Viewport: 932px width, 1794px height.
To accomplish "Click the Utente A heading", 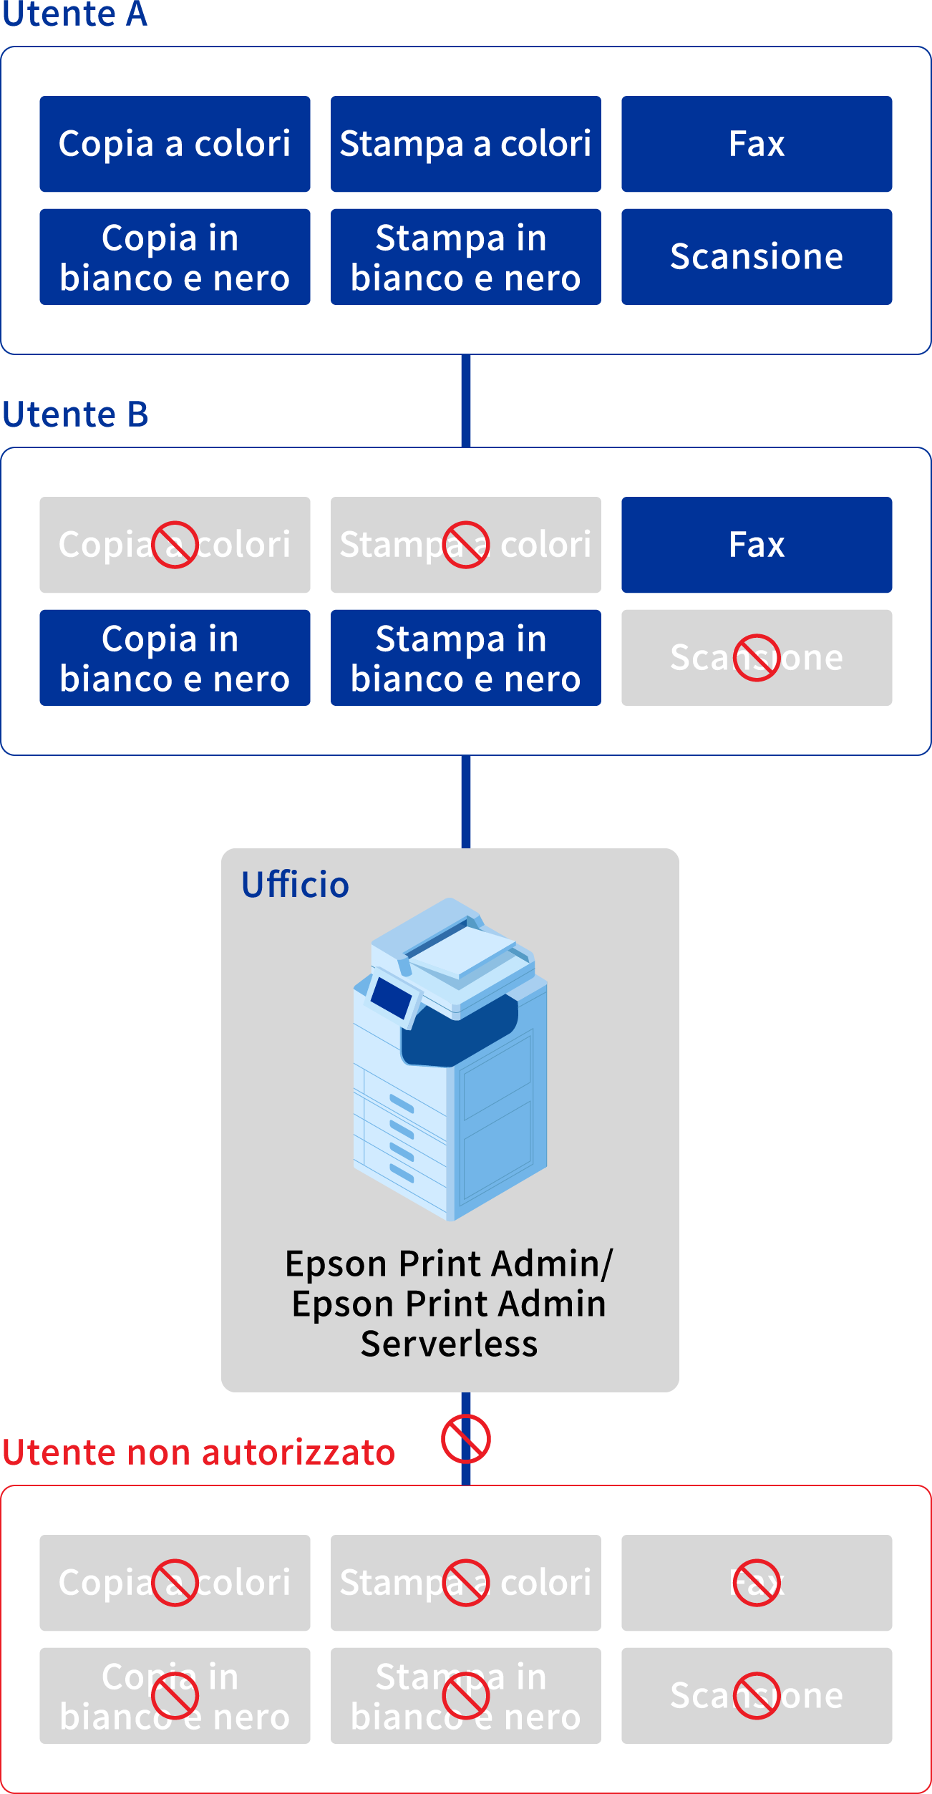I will tap(74, 14).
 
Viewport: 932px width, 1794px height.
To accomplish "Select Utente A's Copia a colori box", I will tap(175, 144).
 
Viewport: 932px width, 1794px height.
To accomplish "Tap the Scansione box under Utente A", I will tap(756, 256).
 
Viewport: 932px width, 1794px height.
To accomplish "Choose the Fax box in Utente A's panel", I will tap(756, 144).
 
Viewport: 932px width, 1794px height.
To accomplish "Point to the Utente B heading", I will tap(75, 414).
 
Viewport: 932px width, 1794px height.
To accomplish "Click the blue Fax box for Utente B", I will tap(756, 545).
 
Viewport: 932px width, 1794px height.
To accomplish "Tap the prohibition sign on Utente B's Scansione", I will tap(756, 657).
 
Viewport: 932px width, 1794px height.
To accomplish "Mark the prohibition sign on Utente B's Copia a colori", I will tap(175, 545).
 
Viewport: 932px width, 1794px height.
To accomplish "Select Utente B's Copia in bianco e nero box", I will tap(175, 657).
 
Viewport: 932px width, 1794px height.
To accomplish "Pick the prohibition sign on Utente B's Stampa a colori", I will tap(465, 545).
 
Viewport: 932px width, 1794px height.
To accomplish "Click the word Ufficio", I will tap(295, 885).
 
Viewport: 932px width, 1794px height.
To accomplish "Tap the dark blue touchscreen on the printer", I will tap(391, 996).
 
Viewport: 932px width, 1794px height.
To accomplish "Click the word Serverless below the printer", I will tap(449, 1344).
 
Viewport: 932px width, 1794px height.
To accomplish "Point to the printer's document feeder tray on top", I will tap(458, 945).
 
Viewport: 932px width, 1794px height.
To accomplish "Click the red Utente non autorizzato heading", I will tap(198, 1453).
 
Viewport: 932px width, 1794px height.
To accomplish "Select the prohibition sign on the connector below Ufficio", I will tap(465, 1439).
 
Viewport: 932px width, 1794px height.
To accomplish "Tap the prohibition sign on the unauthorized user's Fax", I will tap(756, 1583).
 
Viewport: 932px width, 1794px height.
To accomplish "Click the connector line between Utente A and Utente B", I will tap(465, 401).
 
